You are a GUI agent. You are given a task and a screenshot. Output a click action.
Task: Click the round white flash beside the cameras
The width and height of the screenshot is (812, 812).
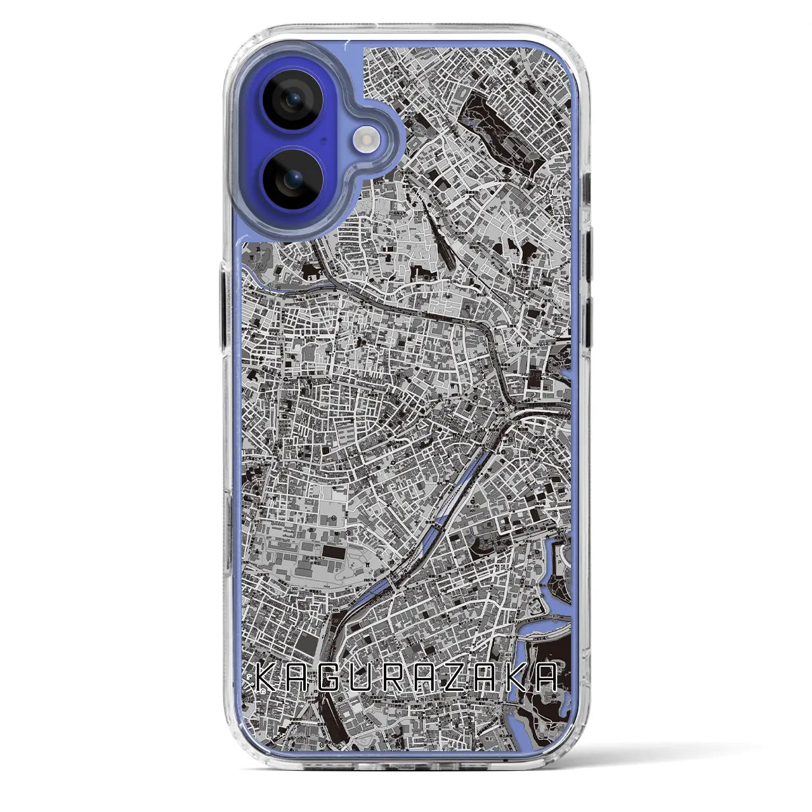coord(370,138)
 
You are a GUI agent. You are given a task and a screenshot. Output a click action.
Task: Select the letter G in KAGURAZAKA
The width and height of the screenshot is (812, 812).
coord(334,677)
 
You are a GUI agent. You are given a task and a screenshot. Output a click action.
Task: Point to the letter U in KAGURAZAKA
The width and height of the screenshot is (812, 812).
coord(365,677)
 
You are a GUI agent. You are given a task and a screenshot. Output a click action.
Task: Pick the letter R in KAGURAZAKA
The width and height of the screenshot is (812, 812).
coord(396,677)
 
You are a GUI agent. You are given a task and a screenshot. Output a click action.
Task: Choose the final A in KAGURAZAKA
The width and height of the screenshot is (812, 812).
coord(547,677)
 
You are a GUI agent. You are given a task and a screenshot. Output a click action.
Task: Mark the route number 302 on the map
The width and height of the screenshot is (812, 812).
coord(294,589)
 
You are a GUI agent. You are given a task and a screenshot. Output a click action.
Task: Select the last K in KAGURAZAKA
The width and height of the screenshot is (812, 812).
coord(515,677)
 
